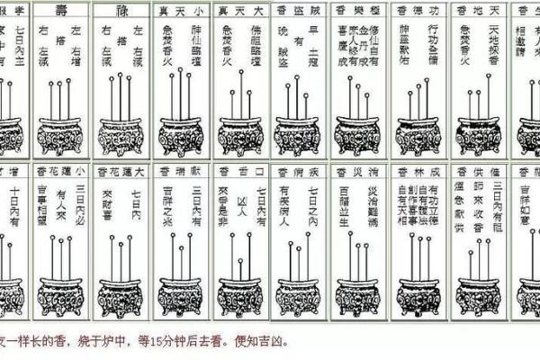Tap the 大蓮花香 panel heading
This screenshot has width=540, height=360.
tap(121, 170)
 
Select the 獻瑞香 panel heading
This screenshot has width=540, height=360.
tap(181, 170)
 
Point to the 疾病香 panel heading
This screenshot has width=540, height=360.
tap(298, 170)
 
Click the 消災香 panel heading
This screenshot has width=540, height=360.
tap(357, 170)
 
